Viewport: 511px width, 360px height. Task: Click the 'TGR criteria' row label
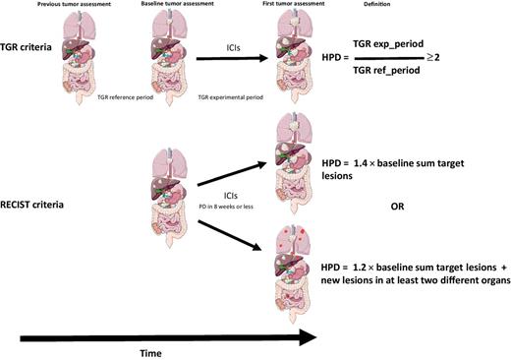click(x=30, y=50)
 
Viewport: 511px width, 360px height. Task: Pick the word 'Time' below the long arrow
click(x=152, y=349)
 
